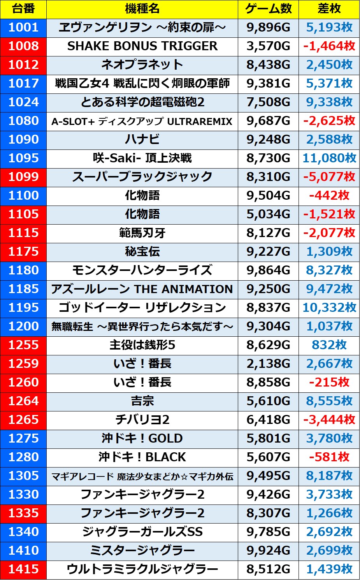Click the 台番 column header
pos(23,9)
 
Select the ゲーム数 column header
pos(268,9)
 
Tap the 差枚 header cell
pos(329,9)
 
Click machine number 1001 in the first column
pos(23,28)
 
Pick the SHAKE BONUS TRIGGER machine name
pos(142,46)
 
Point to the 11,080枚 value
pos(329,158)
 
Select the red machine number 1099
pos(23,177)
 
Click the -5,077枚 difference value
pos(329,177)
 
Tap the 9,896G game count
pos(268,28)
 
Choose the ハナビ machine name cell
pos(142,139)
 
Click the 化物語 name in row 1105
pos(142,214)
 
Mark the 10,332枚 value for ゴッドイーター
pos(329,308)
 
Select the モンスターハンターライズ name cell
pos(142,270)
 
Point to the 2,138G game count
pos(268,364)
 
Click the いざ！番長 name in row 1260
pos(142,382)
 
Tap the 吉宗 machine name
pos(142,401)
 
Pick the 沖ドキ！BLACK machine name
pos(142,457)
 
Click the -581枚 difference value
pos(329,457)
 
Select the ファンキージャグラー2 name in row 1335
pos(142,513)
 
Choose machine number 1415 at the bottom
pos(23,569)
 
